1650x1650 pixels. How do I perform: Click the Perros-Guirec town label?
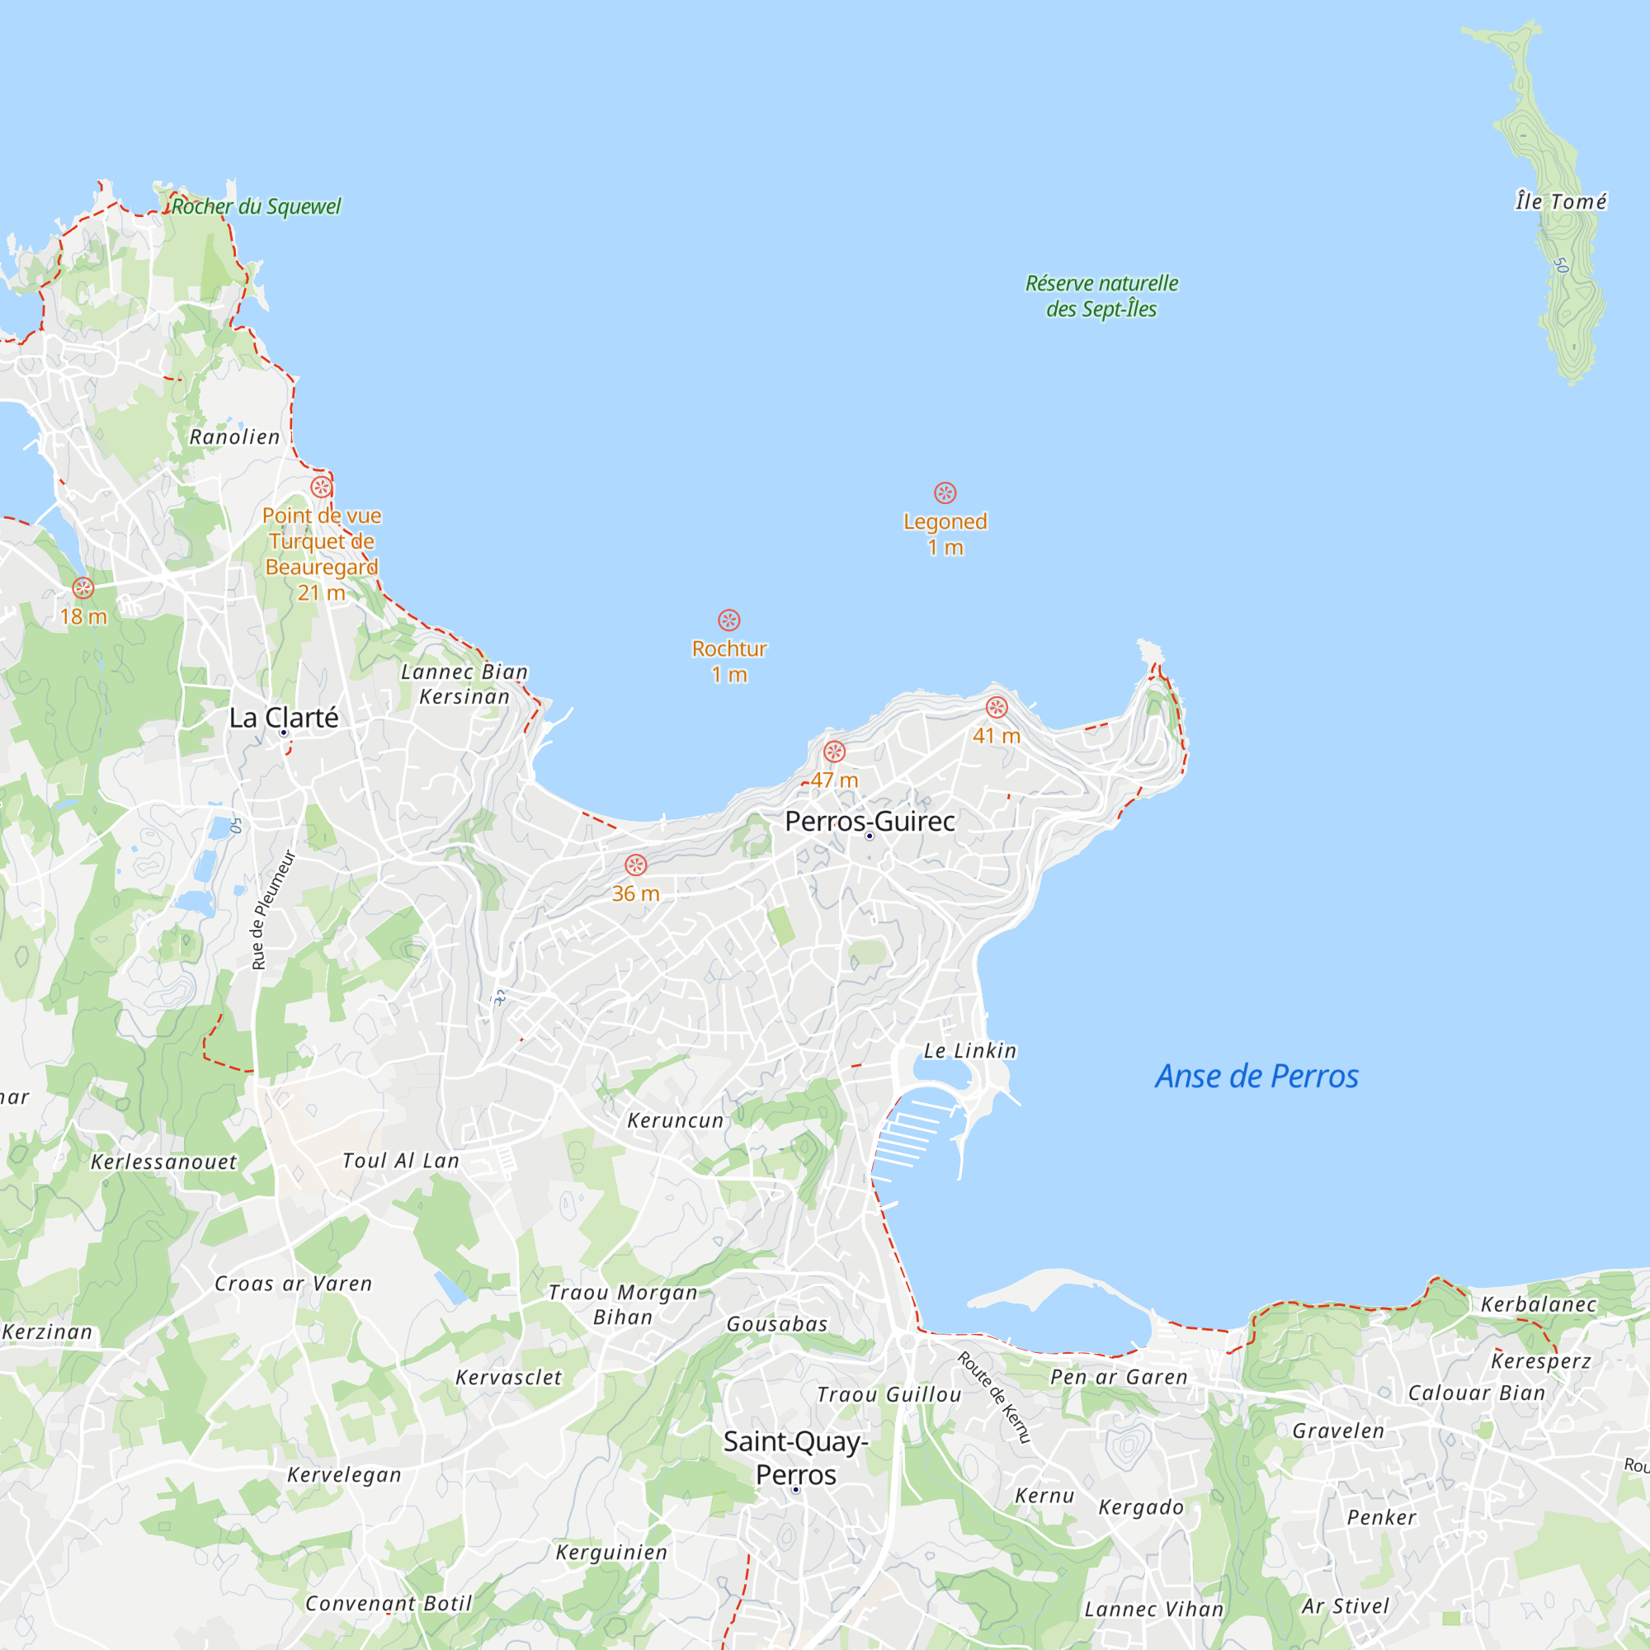pos(870,821)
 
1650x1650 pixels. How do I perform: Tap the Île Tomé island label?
pos(1560,201)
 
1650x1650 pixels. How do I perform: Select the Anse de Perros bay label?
pos(1256,1076)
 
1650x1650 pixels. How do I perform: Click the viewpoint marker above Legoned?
pos(945,493)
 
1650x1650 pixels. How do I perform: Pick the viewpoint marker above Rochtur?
pos(728,620)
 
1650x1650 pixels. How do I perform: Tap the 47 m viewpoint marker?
pos(834,752)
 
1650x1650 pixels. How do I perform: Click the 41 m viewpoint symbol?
pos(997,707)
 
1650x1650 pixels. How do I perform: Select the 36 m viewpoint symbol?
pos(635,865)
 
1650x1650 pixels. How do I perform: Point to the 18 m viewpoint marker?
pos(82,587)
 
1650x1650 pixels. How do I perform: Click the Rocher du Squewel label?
pos(256,207)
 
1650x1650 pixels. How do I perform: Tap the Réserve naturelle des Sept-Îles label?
pos(1101,295)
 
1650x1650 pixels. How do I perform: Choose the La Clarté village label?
pos(284,718)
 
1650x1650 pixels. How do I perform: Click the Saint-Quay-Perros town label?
pos(796,1458)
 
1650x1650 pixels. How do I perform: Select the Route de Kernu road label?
pos(995,1397)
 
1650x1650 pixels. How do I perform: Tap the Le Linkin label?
pos(970,1050)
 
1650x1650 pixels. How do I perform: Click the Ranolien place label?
pos(235,437)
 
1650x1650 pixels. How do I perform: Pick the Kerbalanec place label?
pos(1538,1304)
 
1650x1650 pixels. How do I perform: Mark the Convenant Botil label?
pos(389,1603)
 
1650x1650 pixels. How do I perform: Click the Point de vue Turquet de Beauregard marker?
pos(321,487)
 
